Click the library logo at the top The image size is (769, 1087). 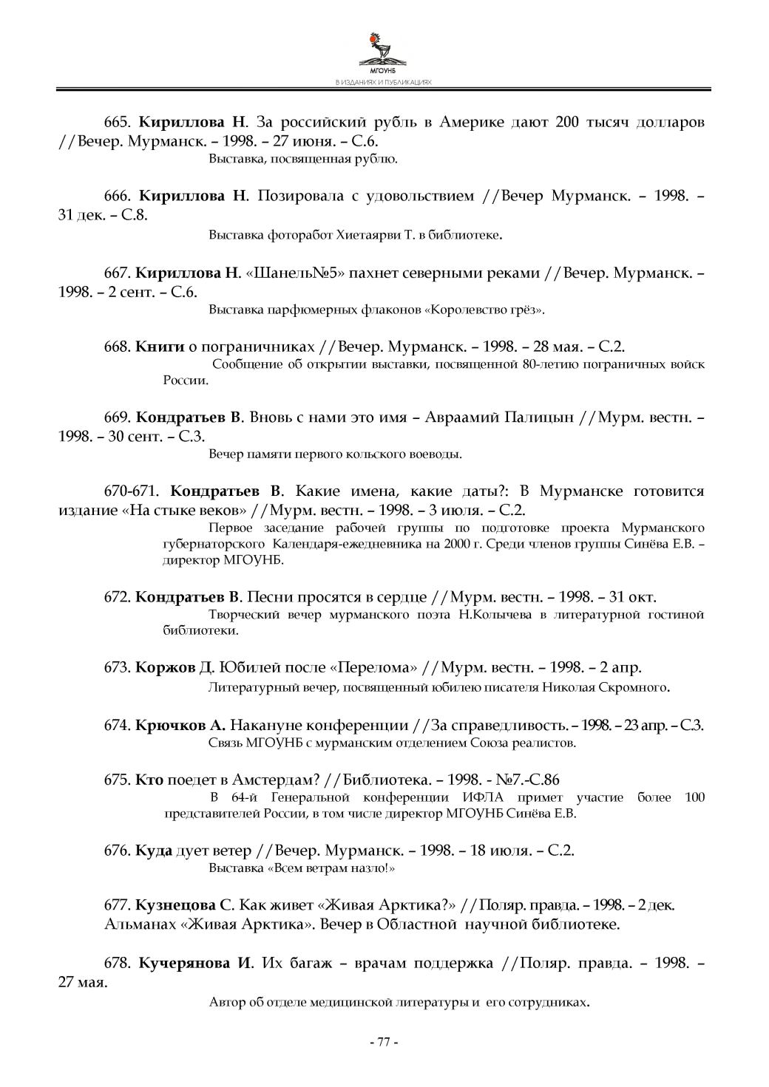point(383,51)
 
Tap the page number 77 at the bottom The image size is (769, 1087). point(383,1042)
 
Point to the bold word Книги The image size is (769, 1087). point(160,346)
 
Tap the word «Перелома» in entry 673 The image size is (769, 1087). point(375,667)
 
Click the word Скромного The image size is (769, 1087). point(637,687)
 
